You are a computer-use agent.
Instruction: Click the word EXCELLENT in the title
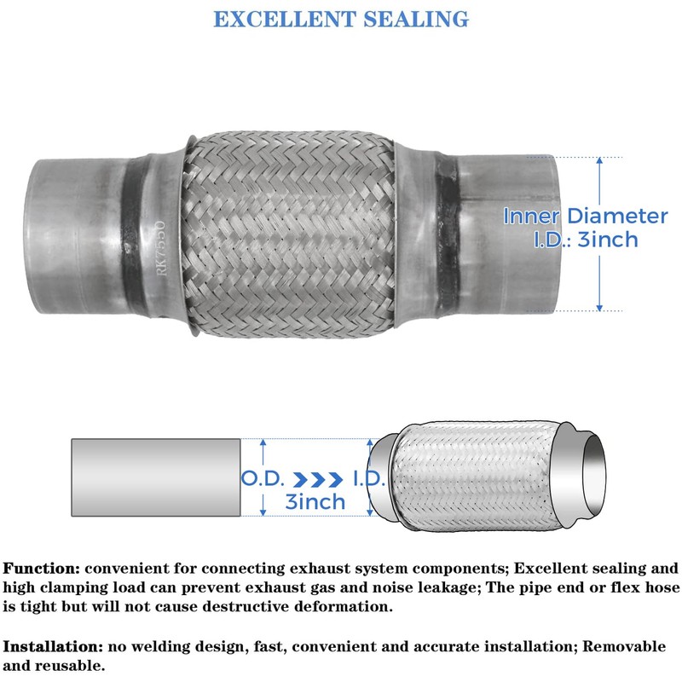tap(286, 19)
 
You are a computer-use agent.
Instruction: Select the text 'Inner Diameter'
tap(585, 217)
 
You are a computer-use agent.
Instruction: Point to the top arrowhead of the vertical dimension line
tap(600, 160)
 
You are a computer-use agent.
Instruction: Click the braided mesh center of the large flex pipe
tap(290, 234)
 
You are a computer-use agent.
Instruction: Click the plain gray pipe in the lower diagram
tap(155, 477)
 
